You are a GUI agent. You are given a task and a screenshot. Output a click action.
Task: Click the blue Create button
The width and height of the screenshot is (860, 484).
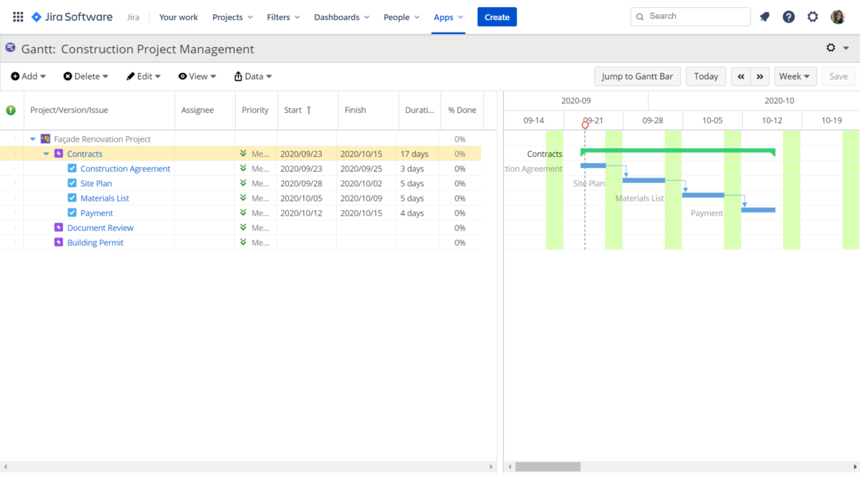(x=497, y=17)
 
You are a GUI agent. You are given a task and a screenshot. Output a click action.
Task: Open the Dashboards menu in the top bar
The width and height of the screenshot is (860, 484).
(x=341, y=17)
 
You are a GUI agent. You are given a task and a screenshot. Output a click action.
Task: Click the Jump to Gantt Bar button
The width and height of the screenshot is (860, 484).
(x=637, y=76)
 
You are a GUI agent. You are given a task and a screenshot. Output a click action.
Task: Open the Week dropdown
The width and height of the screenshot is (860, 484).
(x=795, y=76)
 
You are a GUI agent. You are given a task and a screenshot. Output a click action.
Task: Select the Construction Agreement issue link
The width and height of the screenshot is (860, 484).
(x=125, y=169)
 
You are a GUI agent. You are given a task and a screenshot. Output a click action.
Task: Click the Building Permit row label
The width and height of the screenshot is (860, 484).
(x=95, y=243)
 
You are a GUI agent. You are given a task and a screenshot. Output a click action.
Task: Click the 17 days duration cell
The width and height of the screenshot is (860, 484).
(x=414, y=154)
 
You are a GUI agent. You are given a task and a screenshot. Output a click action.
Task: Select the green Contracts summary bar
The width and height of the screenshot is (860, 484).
(x=677, y=150)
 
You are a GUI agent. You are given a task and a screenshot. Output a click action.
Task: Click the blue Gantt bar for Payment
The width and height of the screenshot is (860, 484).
(x=758, y=210)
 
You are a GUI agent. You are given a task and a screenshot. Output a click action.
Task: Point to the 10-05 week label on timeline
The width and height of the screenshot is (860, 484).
(x=713, y=120)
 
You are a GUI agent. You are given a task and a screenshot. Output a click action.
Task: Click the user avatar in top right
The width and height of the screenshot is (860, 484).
(x=838, y=17)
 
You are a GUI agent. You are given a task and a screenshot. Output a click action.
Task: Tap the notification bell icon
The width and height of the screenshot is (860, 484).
(x=764, y=17)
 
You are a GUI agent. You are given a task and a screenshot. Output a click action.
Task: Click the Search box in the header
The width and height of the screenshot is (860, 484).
(x=690, y=17)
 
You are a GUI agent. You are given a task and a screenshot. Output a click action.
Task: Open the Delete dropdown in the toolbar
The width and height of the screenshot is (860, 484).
(x=86, y=76)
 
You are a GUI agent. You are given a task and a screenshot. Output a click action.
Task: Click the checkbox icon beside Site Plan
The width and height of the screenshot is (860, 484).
(x=72, y=184)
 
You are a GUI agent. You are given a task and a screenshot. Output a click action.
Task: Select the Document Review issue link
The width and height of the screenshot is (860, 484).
(x=100, y=228)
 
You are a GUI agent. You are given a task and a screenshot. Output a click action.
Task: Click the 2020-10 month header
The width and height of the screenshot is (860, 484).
(x=779, y=100)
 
